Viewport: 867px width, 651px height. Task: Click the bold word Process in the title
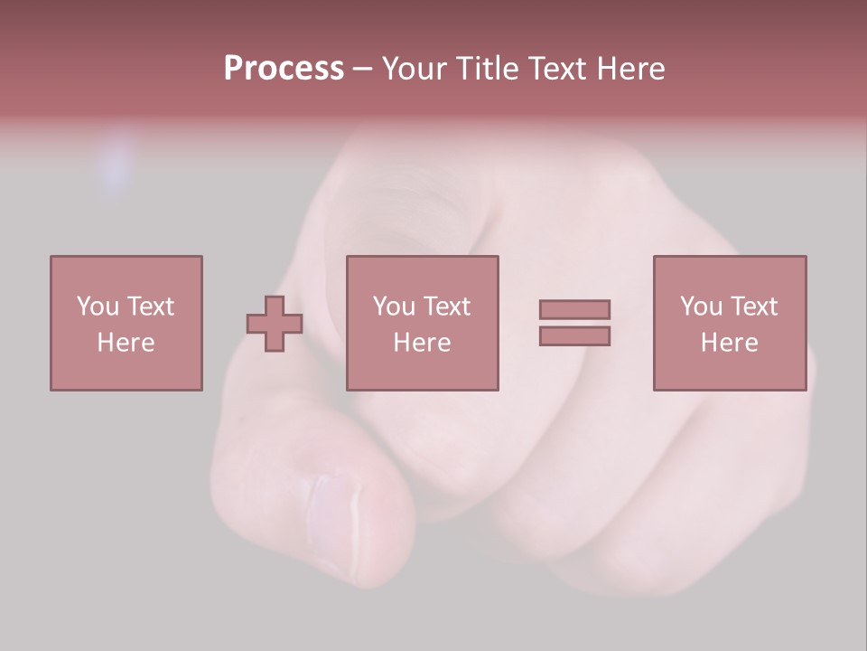[x=284, y=69]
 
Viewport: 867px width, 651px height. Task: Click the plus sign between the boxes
[x=275, y=324]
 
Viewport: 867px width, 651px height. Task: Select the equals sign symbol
[x=574, y=323]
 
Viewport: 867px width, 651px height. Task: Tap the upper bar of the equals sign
[x=574, y=309]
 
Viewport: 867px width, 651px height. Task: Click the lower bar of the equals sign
[x=574, y=335]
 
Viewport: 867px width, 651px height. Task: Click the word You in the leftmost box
[x=98, y=307]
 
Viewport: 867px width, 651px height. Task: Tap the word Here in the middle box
[x=423, y=343]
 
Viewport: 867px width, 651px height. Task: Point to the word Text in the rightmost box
[x=754, y=307]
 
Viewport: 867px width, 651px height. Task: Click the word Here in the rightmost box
[x=730, y=343]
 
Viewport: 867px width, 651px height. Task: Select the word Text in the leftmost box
[x=151, y=307]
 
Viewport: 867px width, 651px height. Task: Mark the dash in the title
[x=362, y=70]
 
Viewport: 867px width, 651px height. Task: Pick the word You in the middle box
[x=394, y=307]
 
